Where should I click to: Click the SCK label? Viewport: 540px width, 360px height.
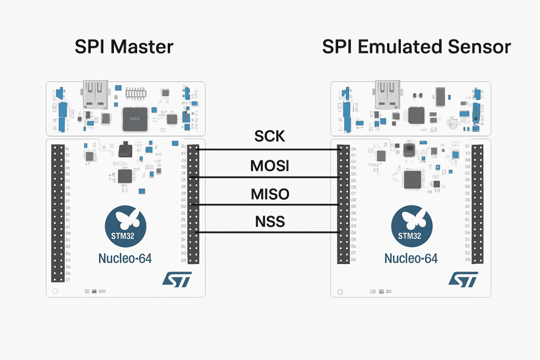[x=269, y=137]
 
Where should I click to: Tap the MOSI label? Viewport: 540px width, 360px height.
[x=269, y=167]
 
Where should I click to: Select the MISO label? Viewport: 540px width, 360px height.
[x=269, y=194]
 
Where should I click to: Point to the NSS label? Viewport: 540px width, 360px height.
[x=269, y=221]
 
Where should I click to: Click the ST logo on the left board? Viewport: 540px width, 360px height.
[x=177, y=279]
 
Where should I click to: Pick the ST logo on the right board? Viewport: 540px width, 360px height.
[x=463, y=279]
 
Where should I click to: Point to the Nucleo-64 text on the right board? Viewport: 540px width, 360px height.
[x=411, y=258]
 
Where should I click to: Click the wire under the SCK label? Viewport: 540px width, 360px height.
[x=269, y=150]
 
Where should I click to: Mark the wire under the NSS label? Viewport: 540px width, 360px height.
[x=269, y=232]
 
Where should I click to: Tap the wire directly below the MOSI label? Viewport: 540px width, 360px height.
[x=269, y=177]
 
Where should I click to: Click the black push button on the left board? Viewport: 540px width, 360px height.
[x=126, y=150]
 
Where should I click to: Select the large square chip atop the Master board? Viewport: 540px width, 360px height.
[x=133, y=119]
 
